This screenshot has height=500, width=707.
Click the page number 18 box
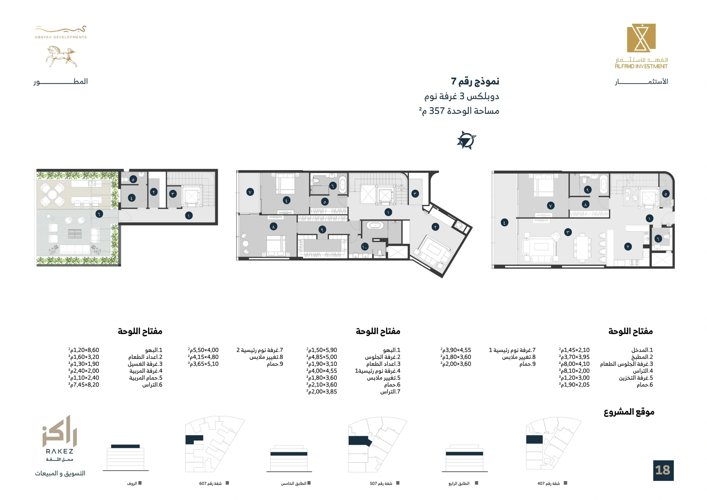tap(663, 470)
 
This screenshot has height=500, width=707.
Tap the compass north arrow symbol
tap(466, 140)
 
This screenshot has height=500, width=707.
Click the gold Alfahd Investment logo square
tap(642, 38)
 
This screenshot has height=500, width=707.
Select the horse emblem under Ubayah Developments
tap(61, 57)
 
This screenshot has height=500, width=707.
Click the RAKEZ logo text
tap(60, 451)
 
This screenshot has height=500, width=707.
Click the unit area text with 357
tap(459, 111)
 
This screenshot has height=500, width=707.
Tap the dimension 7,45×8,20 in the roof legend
tap(84, 385)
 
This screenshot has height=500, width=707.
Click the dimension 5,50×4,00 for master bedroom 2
tap(203, 350)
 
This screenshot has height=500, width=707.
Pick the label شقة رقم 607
tap(210, 483)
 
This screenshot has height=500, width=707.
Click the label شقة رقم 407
tap(549, 483)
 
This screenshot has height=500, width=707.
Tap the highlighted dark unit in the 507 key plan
tap(359, 441)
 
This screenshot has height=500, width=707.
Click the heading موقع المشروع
tap(629, 412)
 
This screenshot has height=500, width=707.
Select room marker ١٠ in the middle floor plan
tap(365, 247)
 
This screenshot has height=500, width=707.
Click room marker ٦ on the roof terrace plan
tap(99, 214)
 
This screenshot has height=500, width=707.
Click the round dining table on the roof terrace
tap(53, 194)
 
